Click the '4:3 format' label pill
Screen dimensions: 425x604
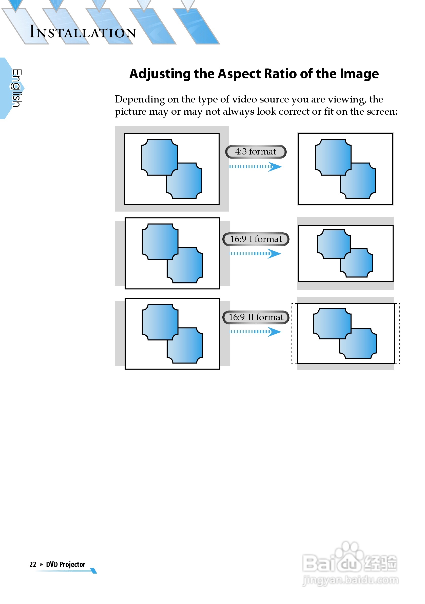256,152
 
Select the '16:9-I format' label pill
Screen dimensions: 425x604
256,239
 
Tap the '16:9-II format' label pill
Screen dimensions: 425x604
256,317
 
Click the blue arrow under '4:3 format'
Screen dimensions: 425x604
255,167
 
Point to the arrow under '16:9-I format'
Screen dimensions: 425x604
255,254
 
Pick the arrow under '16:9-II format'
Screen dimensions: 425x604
255,332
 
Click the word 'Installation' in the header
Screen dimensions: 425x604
83,32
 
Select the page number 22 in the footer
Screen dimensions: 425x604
33,564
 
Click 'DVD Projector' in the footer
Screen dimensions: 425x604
66,564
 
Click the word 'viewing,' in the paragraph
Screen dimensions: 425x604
347,100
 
